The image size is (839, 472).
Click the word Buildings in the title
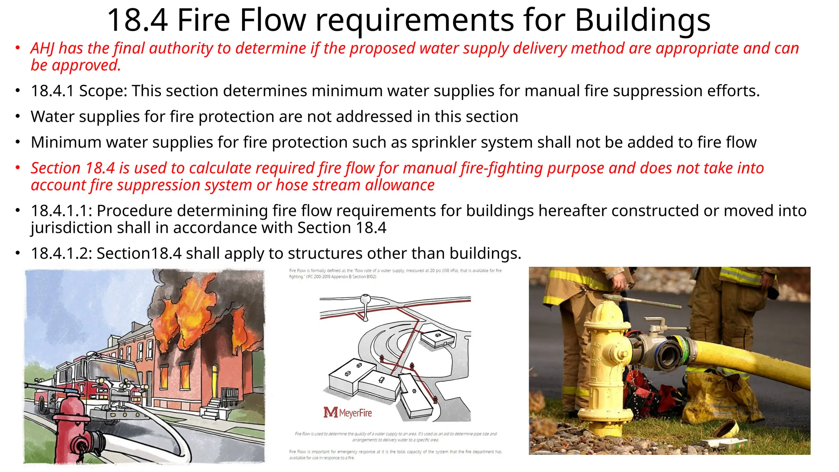pos(642,20)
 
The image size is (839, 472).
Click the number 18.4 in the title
pos(137,20)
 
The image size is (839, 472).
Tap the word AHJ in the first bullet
pos(42,48)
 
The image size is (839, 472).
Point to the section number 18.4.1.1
pos(61,211)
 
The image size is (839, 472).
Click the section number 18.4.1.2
pos(61,254)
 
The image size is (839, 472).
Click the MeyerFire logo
pos(348,412)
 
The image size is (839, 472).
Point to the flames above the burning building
pos(193,311)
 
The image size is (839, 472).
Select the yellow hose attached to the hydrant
pos(758,361)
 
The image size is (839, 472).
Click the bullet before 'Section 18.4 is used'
pos(18,168)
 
